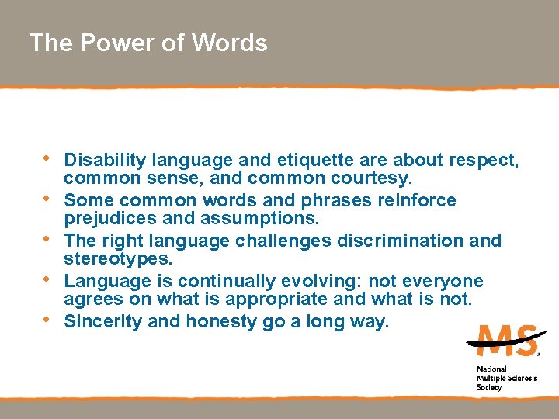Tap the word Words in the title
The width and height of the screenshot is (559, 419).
pyautogui.click(x=229, y=43)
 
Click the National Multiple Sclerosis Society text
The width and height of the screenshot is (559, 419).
pyautogui.click(x=502, y=378)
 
